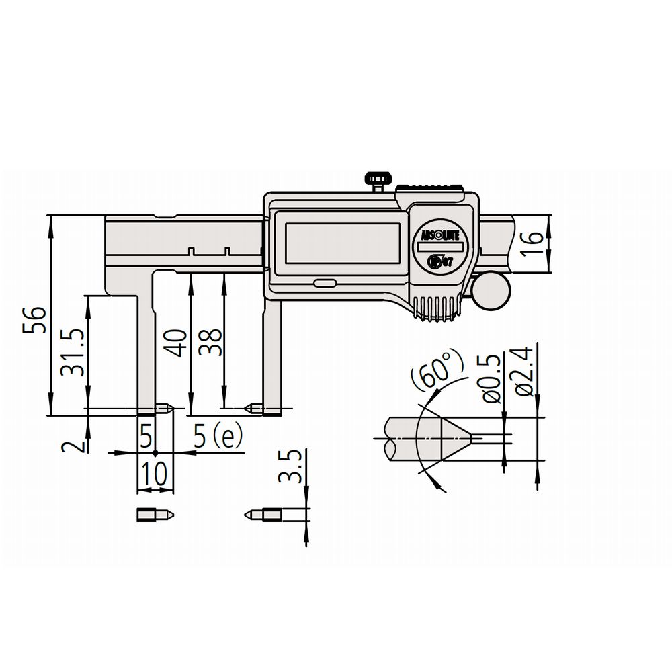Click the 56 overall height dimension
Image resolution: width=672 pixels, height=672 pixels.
(34, 320)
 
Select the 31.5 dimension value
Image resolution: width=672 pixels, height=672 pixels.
(72, 353)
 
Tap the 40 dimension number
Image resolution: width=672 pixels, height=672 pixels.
(176, 343)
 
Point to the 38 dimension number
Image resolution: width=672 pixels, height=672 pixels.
(211, 342)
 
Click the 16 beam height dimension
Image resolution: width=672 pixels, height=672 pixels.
(532, 243)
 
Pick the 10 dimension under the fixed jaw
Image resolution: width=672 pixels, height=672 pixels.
(155, 474)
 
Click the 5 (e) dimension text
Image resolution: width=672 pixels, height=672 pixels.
(218, 436)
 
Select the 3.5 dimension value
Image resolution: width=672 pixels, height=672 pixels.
(290, 466)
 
